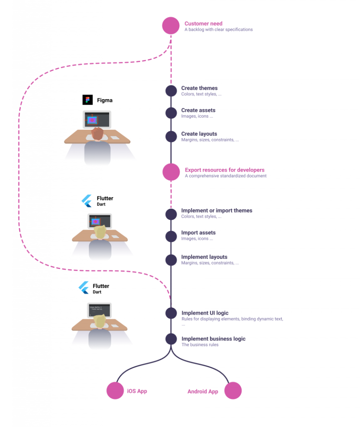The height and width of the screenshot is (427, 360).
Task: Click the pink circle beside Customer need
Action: (x=171, y=26)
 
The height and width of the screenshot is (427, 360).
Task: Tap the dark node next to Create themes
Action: (x=171, y=91)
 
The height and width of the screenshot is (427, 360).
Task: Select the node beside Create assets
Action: (x=171, y=113)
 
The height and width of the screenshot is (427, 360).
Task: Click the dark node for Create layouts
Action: (x=171, y=136)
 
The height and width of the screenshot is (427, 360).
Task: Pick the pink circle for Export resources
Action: (x=171, y=172)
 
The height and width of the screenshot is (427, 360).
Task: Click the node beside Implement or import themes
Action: (x=171, y=214)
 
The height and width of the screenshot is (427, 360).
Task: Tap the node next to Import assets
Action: (x=171, y=236)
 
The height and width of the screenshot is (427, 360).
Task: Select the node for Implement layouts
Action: (x=171, y=260)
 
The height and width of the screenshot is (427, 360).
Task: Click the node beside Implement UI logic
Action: (x=171, y=313)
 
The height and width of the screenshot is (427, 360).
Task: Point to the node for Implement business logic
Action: (x=171, y=339)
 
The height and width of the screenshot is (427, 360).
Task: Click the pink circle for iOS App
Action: (x=115, y=391)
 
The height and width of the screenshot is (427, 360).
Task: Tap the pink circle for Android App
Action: (x=233, y=391)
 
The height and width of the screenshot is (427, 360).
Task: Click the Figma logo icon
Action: (x=87, y=100)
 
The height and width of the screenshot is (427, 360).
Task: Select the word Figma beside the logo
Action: (x=105, y=100)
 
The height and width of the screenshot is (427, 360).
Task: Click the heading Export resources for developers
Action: (x=225, y=170)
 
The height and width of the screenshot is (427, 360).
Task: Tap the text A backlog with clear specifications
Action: (x=218, y=30)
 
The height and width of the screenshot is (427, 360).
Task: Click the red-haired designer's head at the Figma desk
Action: (x=97, y=133)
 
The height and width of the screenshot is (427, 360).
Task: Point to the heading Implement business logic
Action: (x=213, y=339)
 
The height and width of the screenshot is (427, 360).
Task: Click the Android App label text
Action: (x=203, y=392)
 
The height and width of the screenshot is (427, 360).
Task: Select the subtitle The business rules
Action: (x=200, y=345)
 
